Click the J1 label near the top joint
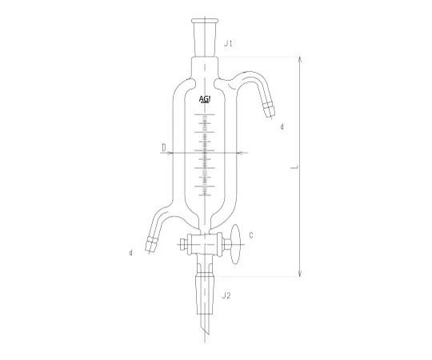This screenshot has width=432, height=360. [228, 42]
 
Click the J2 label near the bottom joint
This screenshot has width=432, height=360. [227, 295]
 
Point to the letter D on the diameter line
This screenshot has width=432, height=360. [163, 148]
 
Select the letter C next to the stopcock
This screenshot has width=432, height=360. [251, 235]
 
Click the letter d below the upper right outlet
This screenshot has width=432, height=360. [282, 126]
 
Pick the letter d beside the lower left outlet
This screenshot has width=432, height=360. [130, 254]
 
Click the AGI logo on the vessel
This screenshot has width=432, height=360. [206, 100]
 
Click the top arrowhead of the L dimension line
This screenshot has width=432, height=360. [301, 59]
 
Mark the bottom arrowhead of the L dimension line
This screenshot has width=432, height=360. [301, 276]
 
